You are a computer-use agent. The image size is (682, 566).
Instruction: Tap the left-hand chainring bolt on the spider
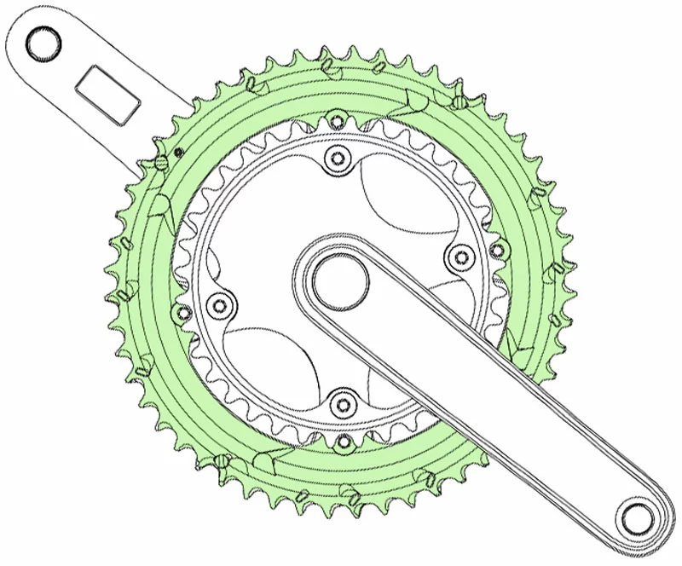click(x=221, y=304)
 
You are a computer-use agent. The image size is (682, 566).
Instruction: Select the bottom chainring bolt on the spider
click(x=343, y=401)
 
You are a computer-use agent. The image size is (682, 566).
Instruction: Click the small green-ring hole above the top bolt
click(x=337, y=119)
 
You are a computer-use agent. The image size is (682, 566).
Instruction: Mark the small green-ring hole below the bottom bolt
click(x=344, y=442)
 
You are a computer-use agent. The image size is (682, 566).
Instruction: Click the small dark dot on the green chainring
click(x=178, y=153)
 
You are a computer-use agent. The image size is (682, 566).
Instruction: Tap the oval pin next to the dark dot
click(x=161, y=161)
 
